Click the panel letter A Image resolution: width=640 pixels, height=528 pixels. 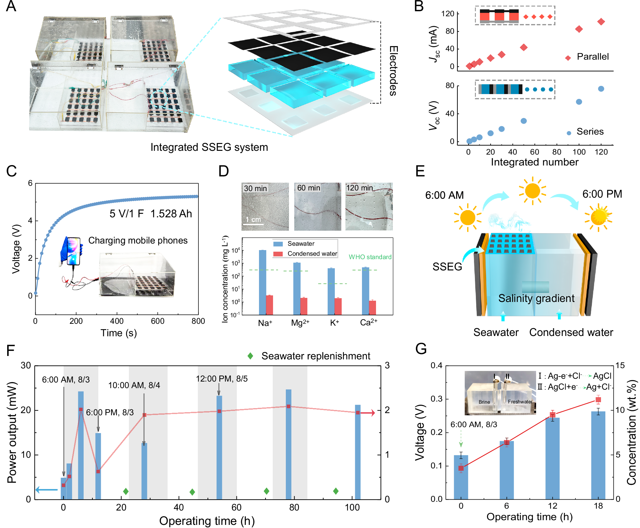[x=11, y=6]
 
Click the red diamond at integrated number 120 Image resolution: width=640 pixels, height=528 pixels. [x=601, y=22]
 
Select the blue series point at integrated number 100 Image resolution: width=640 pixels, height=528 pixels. [x=579, y=102]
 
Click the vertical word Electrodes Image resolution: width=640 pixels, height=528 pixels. [x=393, y=71]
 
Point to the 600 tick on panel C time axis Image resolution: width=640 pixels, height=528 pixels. [x=158, y=321]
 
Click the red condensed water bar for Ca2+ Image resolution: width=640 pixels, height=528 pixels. [x=372, y=307]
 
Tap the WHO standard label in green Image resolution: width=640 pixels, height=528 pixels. [x=370, y=257]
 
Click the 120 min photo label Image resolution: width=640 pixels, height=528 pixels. [x=360, y=188]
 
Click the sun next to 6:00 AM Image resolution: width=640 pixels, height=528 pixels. [x=467, y=218]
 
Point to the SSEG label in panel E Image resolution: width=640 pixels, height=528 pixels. [x=447, y=267]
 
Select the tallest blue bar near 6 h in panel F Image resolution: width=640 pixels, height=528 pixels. [x=81, y=445]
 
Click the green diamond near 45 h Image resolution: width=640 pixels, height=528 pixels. [x=192, y=492]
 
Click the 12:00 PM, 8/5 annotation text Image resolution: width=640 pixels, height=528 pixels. [x=222, y=379]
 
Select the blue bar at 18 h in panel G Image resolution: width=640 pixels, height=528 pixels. [x=598, y=455]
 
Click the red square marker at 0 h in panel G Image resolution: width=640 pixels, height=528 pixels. [x=461, y=468]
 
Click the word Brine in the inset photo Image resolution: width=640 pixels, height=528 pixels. [x=484, y=402]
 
